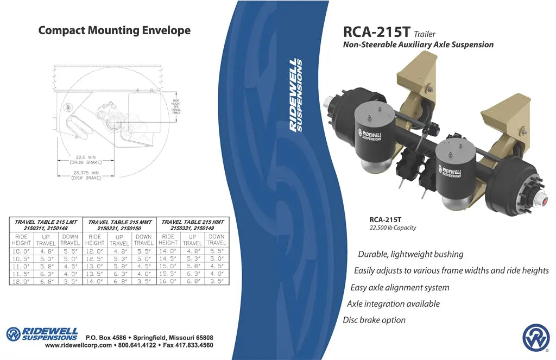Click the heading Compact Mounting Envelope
tap(114, 30)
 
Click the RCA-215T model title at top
tap(377, 31)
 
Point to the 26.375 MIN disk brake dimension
tap(86, 175)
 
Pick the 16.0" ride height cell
tap(168, 282)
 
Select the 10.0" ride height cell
tap(21, 251)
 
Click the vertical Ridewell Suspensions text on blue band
tap(296, 95)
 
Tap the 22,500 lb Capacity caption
tap(393, 228)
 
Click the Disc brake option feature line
tap(374, 320)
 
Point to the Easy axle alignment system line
tap(400, 287)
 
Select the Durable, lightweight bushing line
tap(410, 254)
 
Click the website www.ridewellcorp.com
tap(79, 345)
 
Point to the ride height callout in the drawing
tap(176, 105)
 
